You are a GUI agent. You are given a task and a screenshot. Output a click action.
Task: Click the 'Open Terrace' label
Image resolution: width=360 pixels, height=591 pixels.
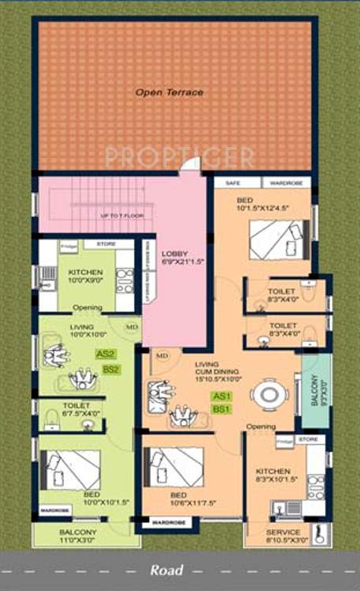tap(169, 92)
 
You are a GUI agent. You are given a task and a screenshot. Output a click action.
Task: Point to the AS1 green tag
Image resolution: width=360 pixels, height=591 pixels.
tap(219, 396)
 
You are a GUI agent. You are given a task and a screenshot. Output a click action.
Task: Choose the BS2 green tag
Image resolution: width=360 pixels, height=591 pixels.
tap(111, 369)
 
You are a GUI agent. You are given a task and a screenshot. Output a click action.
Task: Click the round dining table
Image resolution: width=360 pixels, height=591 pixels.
tap(269, 394)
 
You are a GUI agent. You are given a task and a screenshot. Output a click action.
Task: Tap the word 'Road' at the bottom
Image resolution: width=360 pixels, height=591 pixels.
tap(167, 570)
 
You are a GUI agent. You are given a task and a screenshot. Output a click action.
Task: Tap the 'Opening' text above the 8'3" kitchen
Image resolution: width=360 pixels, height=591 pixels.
tap(261, 427)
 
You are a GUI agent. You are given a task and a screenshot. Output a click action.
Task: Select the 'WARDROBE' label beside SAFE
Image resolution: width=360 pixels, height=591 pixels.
tap(286, 182)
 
